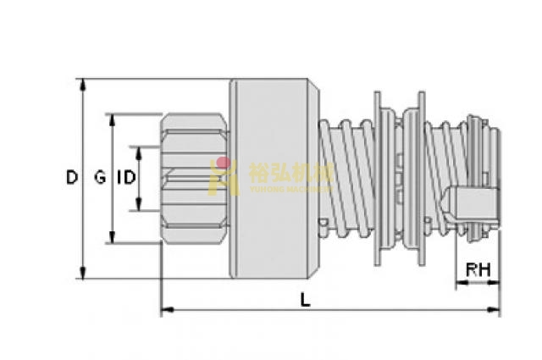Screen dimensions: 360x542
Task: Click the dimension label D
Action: coord(72,178)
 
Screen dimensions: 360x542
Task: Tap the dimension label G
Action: coord(100,178)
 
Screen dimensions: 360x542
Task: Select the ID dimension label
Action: coord(124,178)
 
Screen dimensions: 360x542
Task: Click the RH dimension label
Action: coord(478,271)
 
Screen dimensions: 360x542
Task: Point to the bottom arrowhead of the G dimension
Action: coord(112,239)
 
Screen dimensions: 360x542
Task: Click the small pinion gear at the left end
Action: coord(194,178)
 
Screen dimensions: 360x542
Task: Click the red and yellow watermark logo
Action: coord(225,175)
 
